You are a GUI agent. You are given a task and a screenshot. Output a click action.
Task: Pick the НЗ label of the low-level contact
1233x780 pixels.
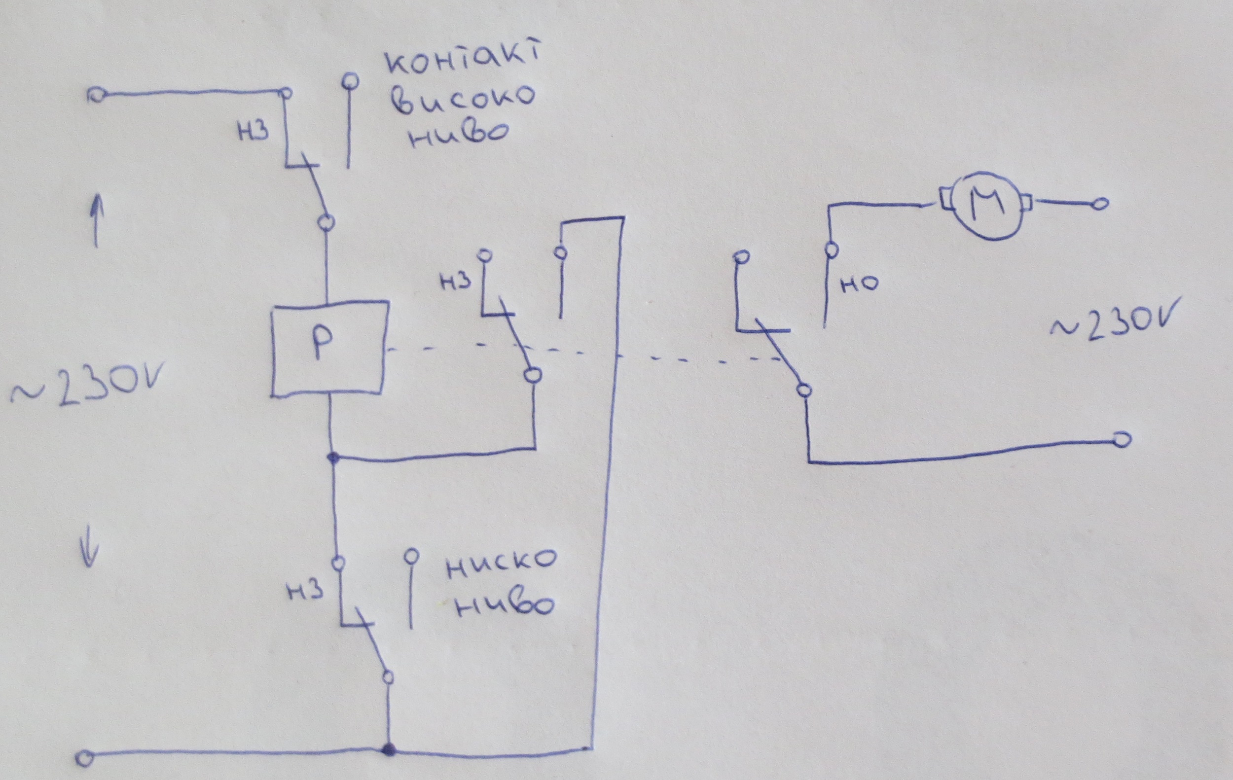[x=305, y=591]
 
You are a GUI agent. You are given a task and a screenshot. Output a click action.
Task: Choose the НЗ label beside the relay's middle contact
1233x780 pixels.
[x=455, y=281]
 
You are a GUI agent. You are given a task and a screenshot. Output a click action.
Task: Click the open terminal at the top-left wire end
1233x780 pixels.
[x=96, y=96]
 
